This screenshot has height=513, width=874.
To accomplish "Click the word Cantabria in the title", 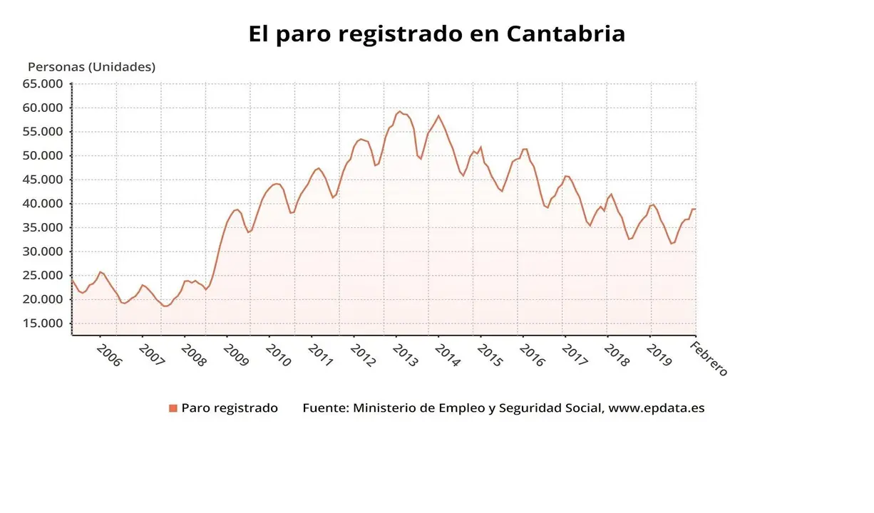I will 566,33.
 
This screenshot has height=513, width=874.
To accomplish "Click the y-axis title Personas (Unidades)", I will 91,67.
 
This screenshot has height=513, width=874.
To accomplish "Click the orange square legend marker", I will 173,408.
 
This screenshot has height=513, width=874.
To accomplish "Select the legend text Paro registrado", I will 230,408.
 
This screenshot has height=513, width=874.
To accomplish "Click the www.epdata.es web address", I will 657,408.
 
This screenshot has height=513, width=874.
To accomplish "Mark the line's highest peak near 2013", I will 400,112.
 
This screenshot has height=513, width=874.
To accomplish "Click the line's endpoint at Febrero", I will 695,209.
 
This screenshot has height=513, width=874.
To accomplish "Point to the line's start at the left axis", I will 73,279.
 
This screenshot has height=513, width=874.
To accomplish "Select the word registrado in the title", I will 403,33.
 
